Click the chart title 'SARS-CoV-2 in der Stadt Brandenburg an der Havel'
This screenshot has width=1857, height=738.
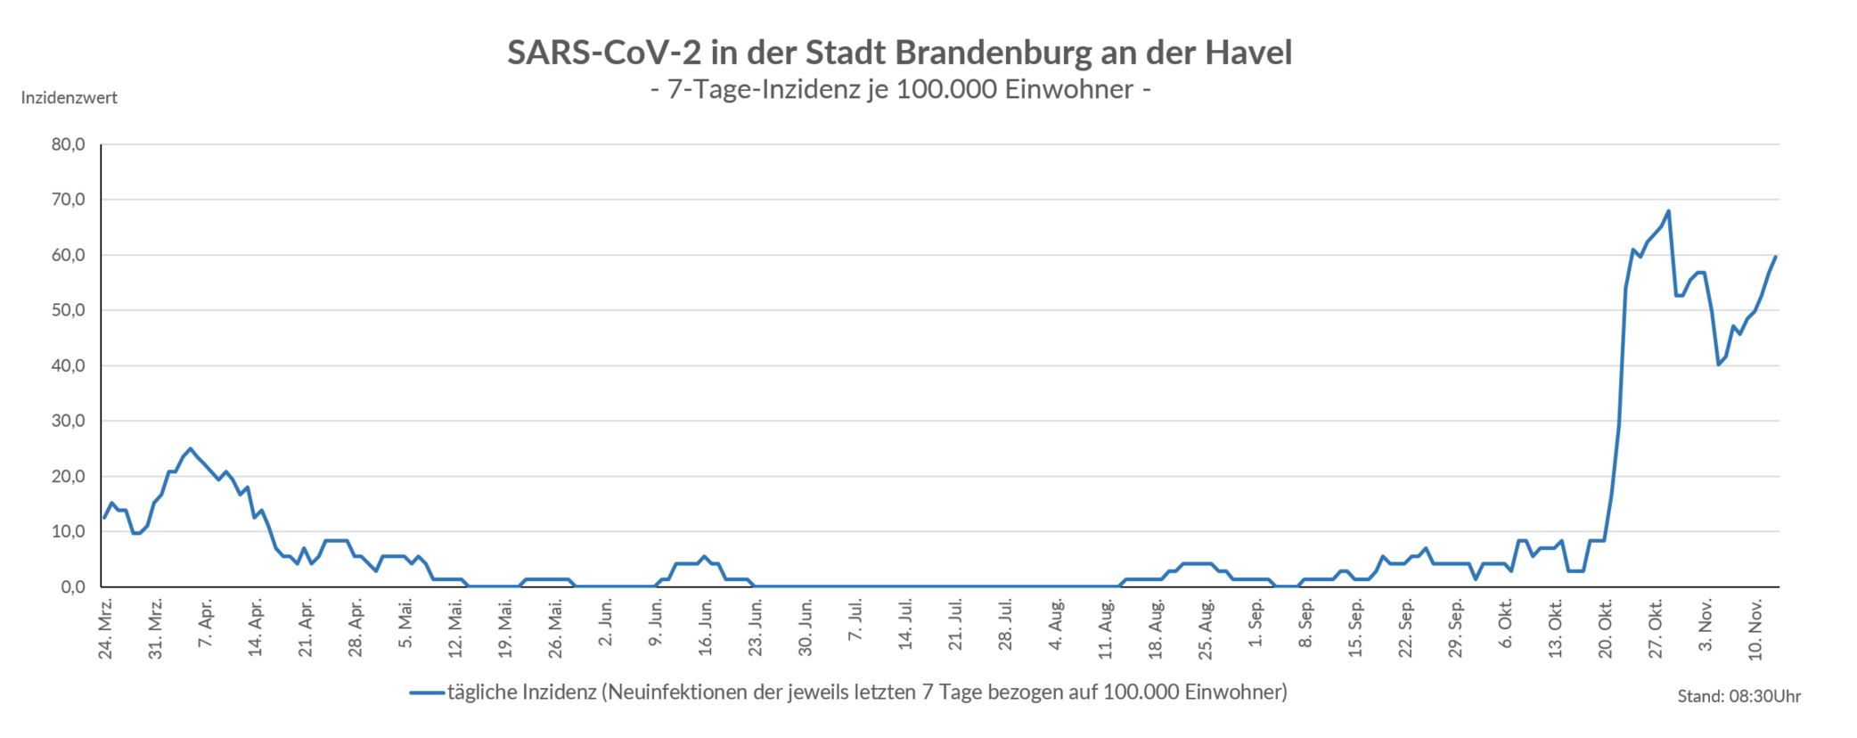[899, 53]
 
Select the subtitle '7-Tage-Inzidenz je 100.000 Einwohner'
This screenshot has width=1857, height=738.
[901, 90]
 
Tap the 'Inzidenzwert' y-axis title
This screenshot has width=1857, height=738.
[70, 98]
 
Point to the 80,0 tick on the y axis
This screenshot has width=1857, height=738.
[69, 144]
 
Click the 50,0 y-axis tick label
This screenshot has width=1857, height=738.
[69, 310]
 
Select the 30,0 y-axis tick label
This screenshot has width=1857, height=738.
[69, 421]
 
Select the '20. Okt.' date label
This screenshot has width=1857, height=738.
[1607, 630]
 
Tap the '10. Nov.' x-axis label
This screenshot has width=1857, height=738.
[1756, 630]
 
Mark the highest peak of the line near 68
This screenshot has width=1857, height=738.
[1668, 211]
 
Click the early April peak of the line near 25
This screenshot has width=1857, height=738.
[190, 448]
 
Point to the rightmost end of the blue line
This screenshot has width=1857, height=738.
[1775, 257]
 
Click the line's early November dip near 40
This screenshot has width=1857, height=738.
[1718, 365]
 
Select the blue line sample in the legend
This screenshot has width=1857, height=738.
[428, 693]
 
